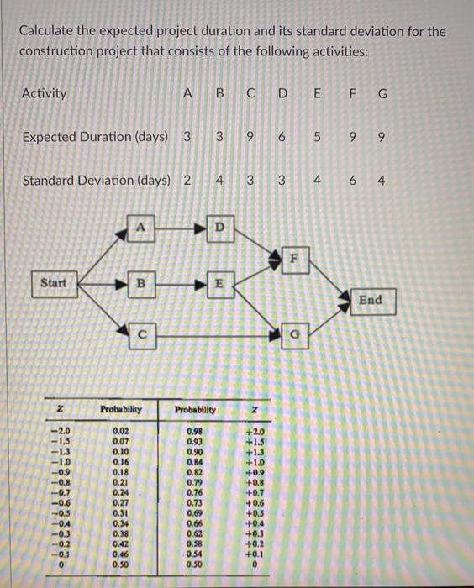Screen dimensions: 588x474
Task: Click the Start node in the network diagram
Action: click(x=53, y=282)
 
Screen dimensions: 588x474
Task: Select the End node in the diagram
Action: click(x=370, y=300)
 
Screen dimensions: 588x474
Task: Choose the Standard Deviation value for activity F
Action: click(x=353, y=181)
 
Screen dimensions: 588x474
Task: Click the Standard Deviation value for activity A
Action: click(x=186, y=181)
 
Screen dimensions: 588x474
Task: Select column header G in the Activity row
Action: click(x=383, y=93)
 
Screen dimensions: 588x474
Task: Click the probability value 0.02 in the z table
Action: click(x=122, y=432)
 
